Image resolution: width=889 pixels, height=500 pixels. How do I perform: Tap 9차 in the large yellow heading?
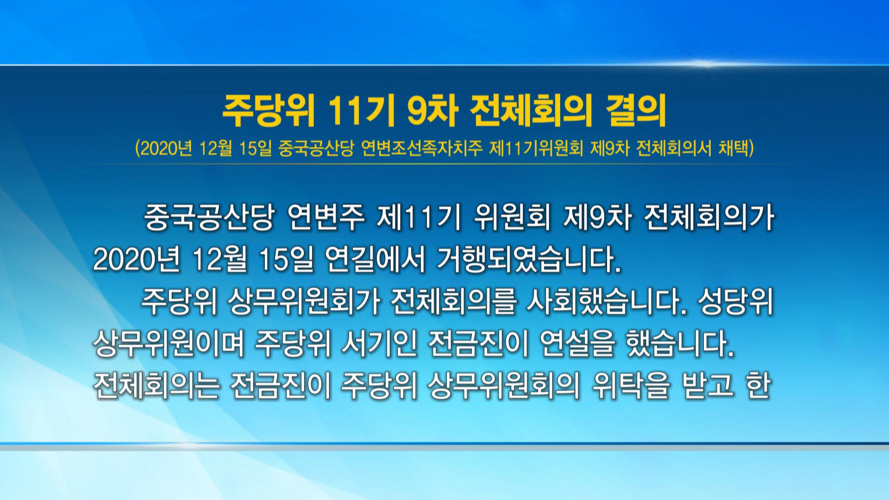(x=433, y=112)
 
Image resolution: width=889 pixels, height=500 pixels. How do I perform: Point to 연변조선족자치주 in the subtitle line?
(x=421, y=149)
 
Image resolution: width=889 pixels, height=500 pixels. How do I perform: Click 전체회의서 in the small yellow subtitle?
(x=674, y=149)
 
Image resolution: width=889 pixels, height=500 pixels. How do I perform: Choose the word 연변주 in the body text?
(x=326, y=218)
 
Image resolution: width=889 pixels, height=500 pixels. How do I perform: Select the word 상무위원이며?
(x=169, y=345)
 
